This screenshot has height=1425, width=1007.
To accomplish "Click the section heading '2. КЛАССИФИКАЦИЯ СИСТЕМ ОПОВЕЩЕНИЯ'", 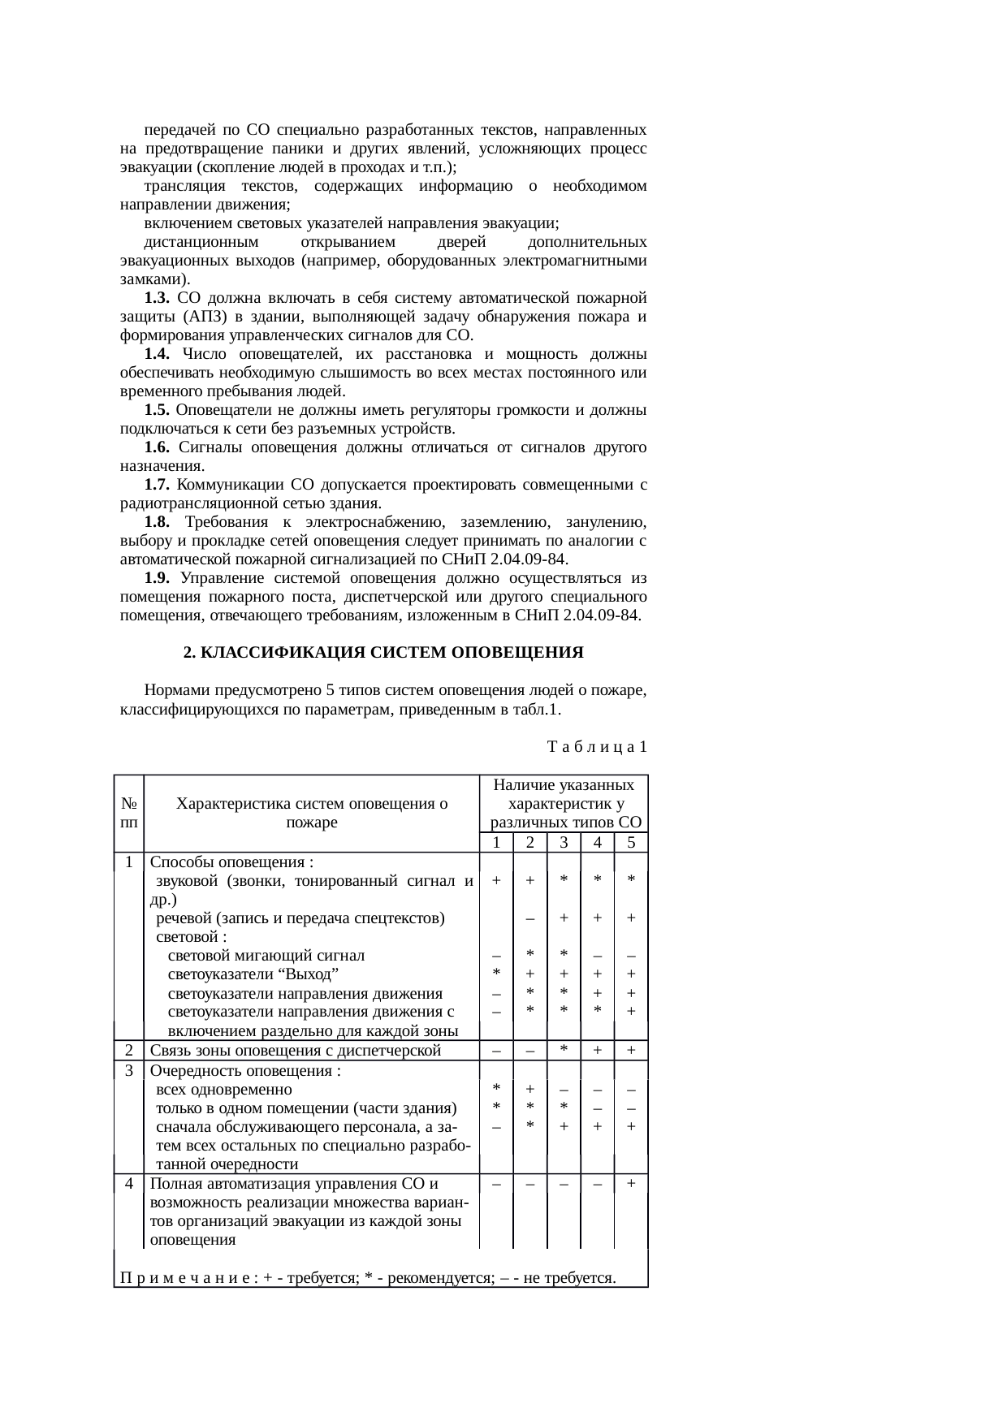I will (x=383, y=653).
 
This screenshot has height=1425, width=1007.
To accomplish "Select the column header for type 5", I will (x=631, y=843).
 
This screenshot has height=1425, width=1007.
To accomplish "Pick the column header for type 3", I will (x=564, y=843).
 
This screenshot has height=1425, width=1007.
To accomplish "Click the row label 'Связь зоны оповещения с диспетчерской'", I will (x=296, y=1051).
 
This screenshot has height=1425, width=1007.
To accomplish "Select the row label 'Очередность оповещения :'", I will (x=244, y=1070).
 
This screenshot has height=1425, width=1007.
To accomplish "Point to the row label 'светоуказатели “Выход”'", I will (x=253, y=974).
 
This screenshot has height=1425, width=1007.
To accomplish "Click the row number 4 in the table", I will (x=129, y=1183).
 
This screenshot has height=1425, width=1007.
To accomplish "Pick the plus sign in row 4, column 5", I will (x=631, y=1184).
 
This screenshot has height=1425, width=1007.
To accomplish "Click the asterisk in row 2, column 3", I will (x=564, y=1049).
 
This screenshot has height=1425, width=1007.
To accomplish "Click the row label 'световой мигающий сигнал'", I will (x=266, y=955).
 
